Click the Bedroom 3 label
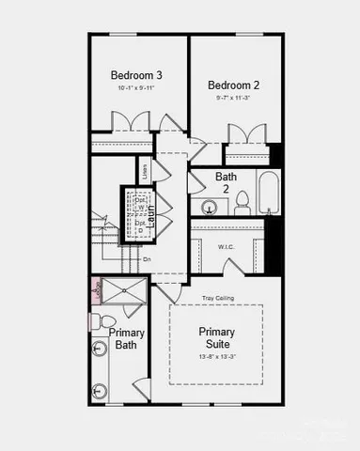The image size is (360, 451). pyautogui.click(x=136, y=75)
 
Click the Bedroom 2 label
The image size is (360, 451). pyautogui.click(x=233, y=85)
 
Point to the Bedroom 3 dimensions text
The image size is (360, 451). pyautogui.click(x=136, y=88)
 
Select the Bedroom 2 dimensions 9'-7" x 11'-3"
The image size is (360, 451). pyautogui.click(x=233, y=97)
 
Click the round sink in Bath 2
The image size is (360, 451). pyautogui.click(x=209, y=207)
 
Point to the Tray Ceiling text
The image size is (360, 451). pyautogui.click(x=218, y=298)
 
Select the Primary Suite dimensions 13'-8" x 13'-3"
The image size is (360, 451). pyautogui.click(x=216, y=357)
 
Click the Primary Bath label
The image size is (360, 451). pyautogui.click(x=126, y=338)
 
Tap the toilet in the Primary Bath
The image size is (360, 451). pyautogui.click(x=99, y=322)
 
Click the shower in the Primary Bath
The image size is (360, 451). pyautogui.click(x=124, y=291)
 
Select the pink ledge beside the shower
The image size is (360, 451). pyautogui.click(x=95, y=291)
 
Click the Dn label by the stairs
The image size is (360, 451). pyautogui.click(x=146, y=259)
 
